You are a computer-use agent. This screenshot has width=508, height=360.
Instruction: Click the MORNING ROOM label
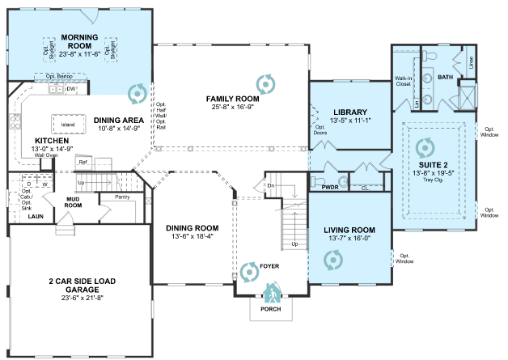point(79,37)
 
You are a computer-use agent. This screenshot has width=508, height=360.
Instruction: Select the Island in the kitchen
point(68,124)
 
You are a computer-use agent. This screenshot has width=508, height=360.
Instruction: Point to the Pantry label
point(122,196)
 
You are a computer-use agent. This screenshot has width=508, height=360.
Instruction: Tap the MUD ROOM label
point(74,202)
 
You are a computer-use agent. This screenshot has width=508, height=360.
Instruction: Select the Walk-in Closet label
point(403,81)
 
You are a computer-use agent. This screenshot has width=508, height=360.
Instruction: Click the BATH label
point(446,78)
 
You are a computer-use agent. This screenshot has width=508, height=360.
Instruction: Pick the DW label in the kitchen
point(71,89)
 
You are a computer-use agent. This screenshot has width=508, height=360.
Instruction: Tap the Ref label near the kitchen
point(83,162)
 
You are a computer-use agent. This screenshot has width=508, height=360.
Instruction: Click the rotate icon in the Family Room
point(264,82)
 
